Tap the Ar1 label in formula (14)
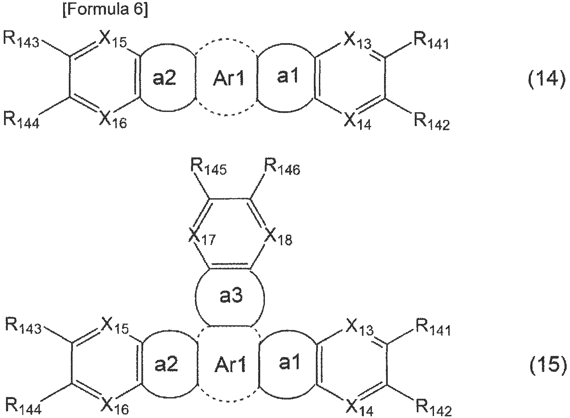pyautogui.click(x=228, y=78)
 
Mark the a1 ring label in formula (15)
pyautogui.click(x=289, y=362)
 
